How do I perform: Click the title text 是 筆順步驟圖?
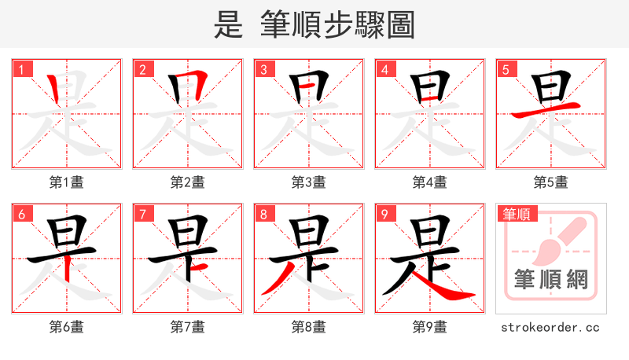tap(314, 24)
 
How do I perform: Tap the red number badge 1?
tap(21, 70)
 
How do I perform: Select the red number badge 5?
tap(506, 70)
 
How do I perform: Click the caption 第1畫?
tap(66, 182)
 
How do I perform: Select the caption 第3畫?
tap(308, 182)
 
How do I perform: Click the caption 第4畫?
tap(429, 182)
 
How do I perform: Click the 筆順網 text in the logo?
tap(550, 280)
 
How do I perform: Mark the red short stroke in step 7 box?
tap(199, 268)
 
